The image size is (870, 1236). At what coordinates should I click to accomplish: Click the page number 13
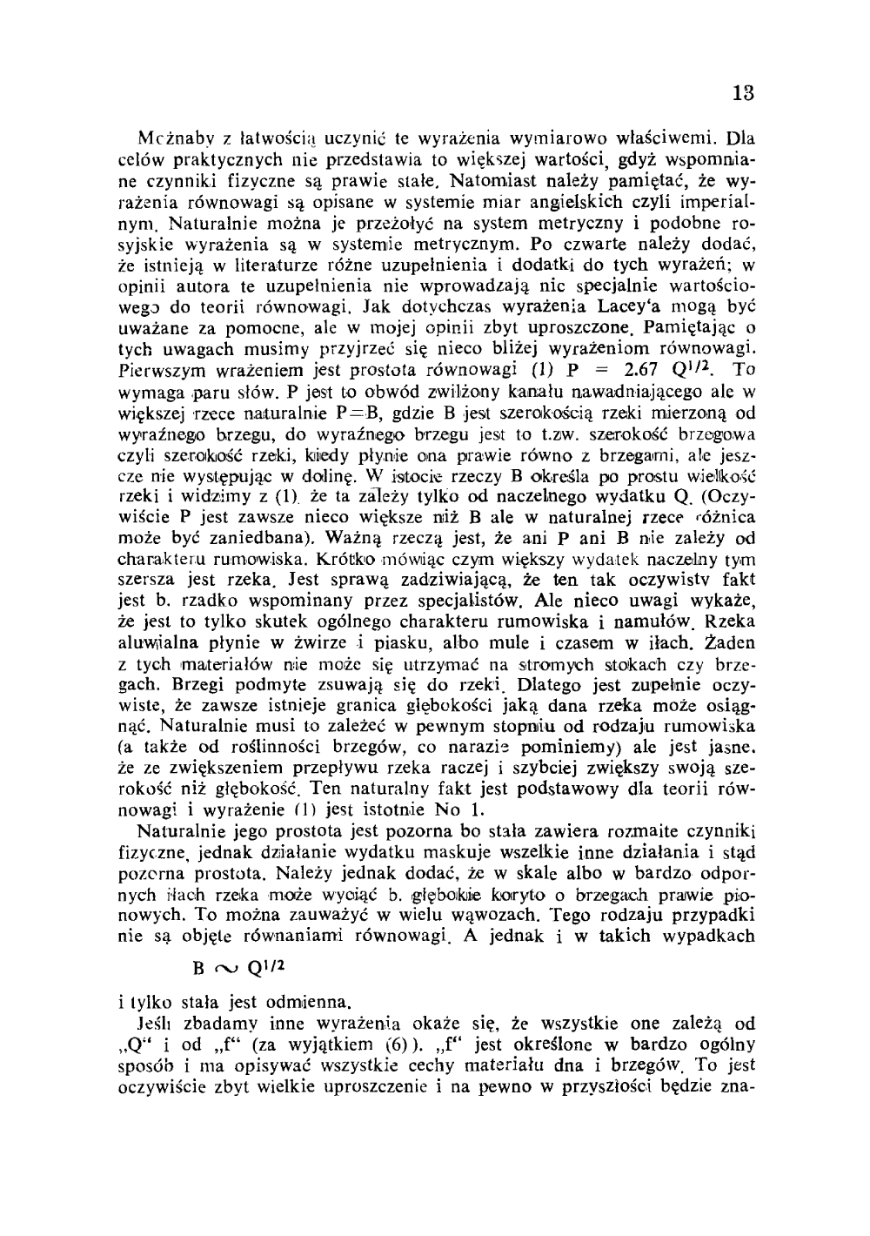744,93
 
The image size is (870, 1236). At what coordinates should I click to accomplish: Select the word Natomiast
479,181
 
